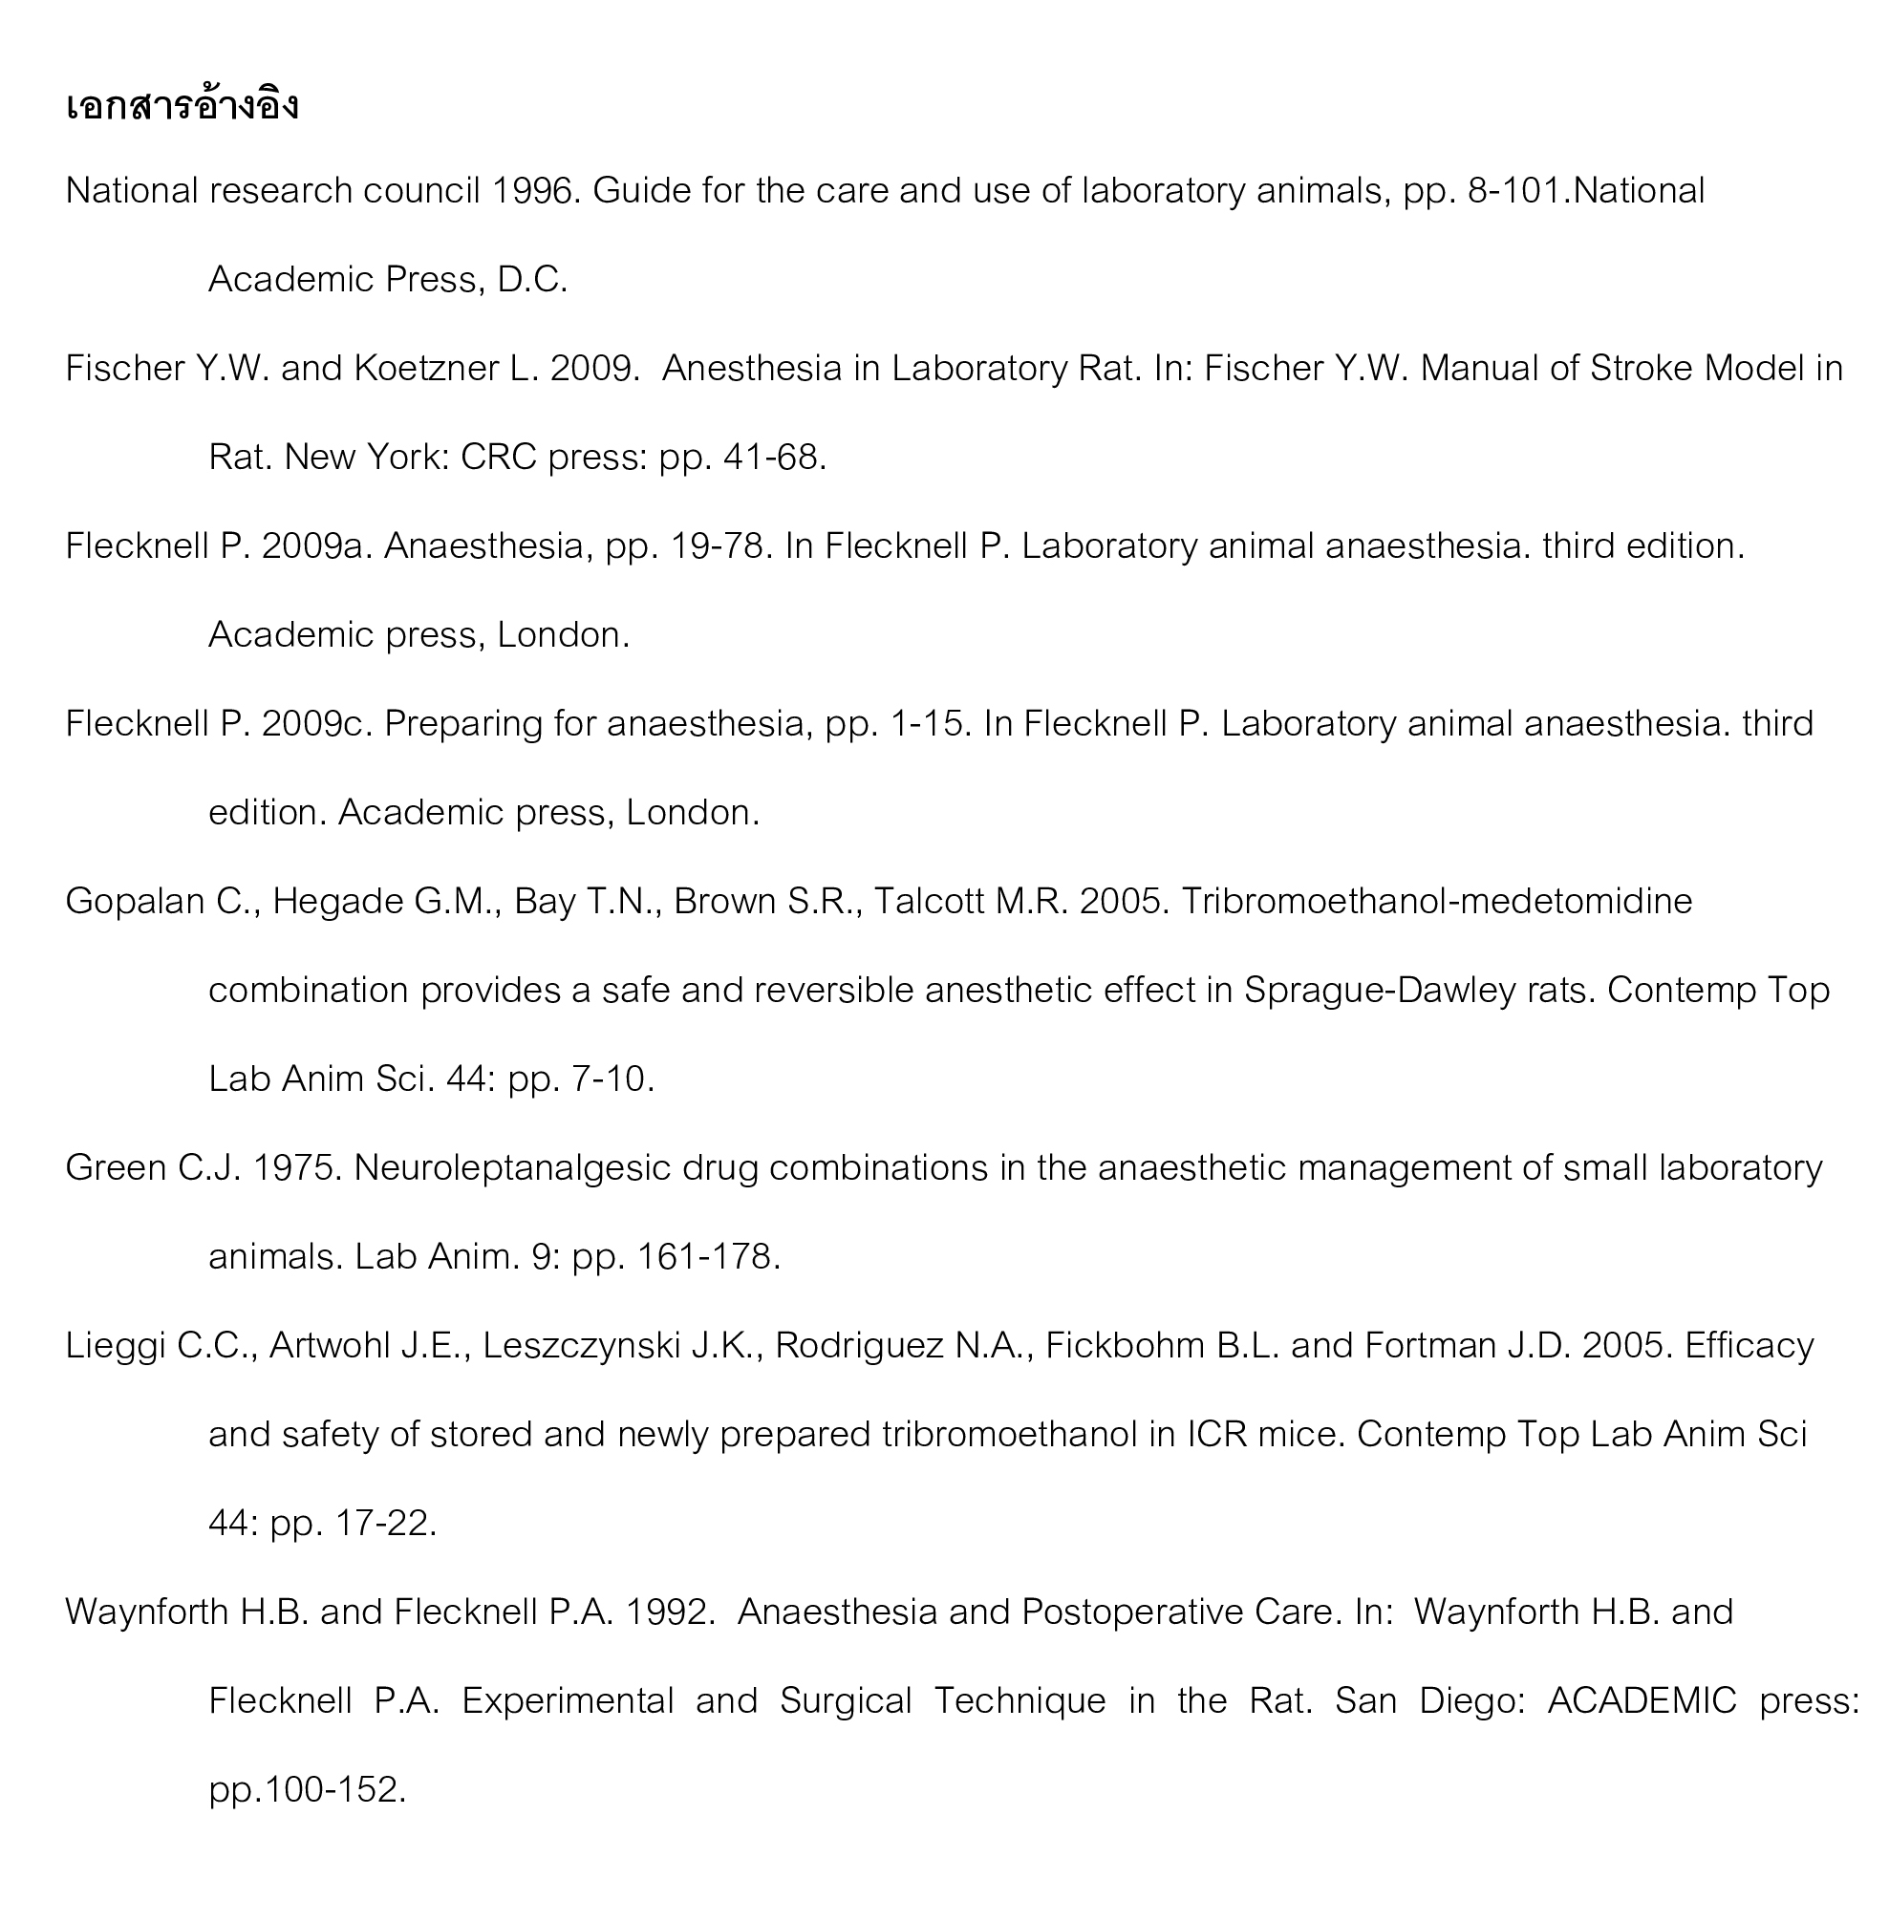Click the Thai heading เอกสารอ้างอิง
click(x=182, y=105)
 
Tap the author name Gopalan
click(x=134, y=902)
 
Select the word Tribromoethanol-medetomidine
click(x=1437, y=902)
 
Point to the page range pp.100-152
click(x=308, y=1790)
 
